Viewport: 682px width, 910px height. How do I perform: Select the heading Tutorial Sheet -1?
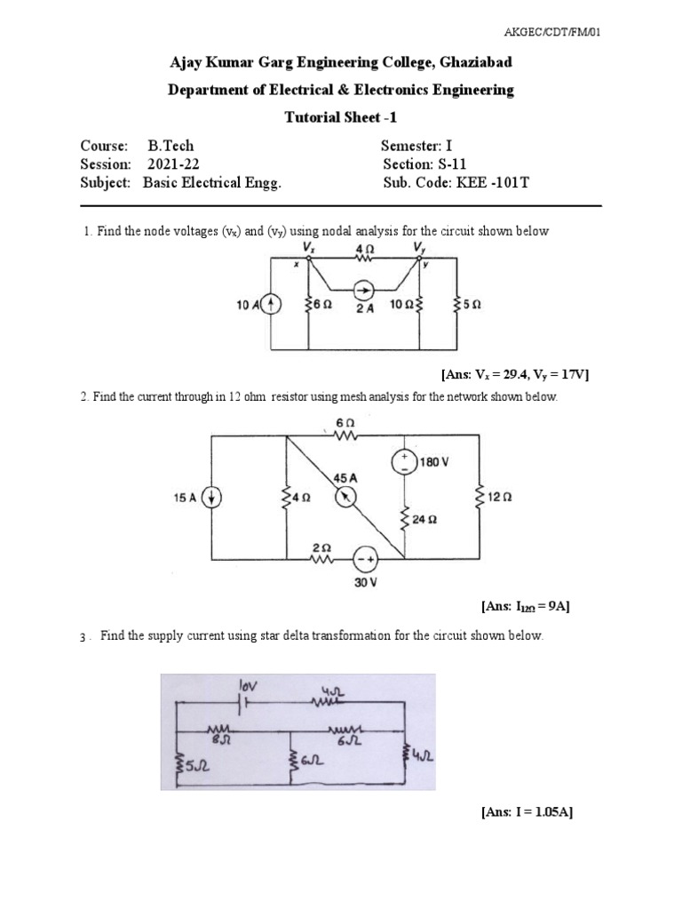point(341,116)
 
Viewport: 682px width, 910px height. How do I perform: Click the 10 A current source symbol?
point(272,306)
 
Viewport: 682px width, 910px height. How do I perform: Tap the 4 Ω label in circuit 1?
point(364,250)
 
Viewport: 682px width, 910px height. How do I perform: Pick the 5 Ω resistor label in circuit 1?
point(472,306)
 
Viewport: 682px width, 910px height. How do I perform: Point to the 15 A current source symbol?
point(211,498)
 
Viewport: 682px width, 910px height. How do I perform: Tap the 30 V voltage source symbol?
point(366,559)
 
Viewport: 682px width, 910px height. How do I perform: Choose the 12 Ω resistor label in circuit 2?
point(499,499)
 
